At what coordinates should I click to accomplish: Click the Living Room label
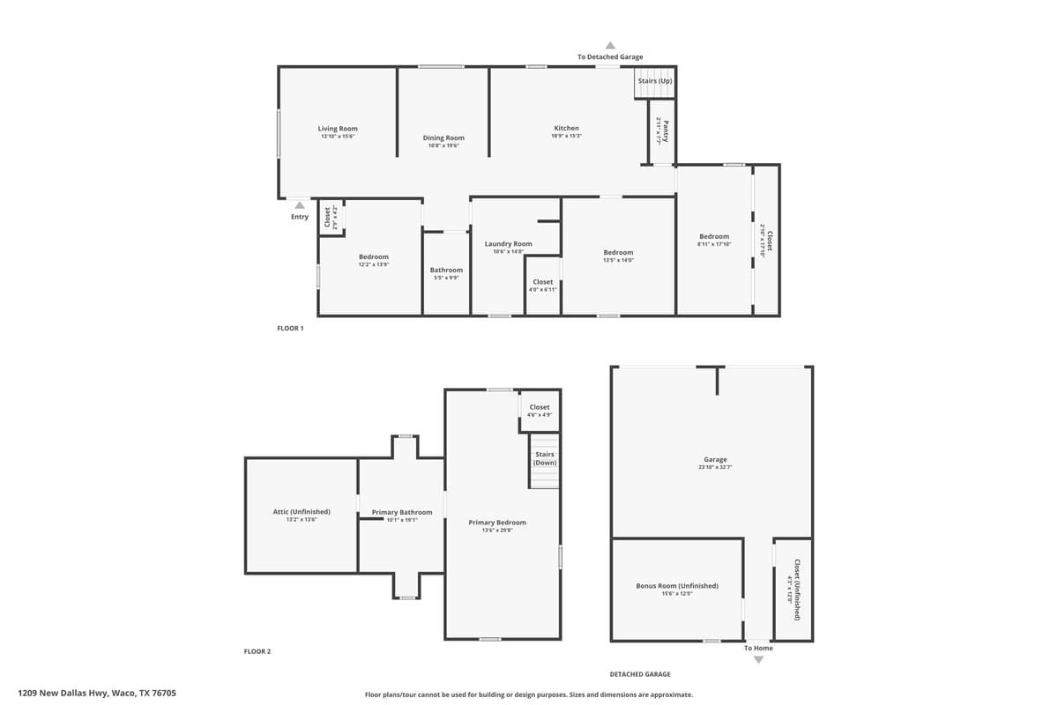[338, 129]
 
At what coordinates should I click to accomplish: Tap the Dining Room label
[443, 137]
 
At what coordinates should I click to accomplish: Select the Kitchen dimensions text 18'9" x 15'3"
[566, 137]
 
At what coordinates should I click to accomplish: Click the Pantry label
[666, 131]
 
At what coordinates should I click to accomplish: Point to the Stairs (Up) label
[655, 81]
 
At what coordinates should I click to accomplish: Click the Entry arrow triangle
[300, 205]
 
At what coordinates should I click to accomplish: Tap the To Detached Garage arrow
[610, 46]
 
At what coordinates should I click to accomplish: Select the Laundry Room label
[509, 244]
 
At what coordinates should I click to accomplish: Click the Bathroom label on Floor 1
[446, 270]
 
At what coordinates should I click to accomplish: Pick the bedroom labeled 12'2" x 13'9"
[373, 257]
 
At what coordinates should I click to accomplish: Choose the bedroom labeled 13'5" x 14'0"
[618, 253]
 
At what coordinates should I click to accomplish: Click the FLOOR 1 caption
[290, 328]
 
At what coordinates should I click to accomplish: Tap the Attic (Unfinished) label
[302, 512]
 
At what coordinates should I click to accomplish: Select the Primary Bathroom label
[402, 512]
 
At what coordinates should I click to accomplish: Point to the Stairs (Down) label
[545, 458]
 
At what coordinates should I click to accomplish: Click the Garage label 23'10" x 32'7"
[715, 460]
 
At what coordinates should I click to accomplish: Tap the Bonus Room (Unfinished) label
[677, 586]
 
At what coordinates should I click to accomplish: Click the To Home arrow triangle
[758, 659]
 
